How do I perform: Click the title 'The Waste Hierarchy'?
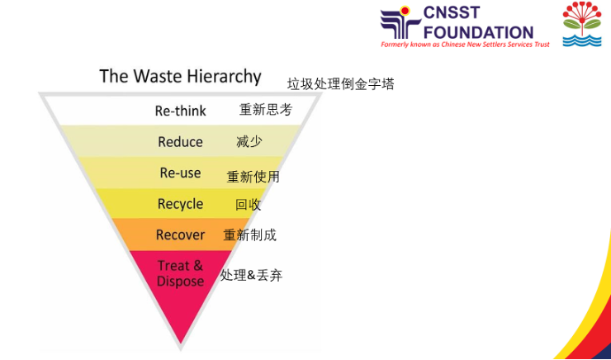click(x=180, y=77)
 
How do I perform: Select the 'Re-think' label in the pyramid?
click(x=181, y=111)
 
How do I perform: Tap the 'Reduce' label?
click(x=180, y=142)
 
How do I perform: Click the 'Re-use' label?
click(x=180, y=173)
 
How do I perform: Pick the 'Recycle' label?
click(x=180, y=204)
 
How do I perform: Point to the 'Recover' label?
click(x=180, y=235)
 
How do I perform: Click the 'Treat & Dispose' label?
click(x=180, y=273)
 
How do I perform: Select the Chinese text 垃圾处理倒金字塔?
click(x=340, y=84)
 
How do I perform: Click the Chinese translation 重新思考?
click(x=265, y=110)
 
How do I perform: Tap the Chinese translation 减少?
click(x=249, y=142)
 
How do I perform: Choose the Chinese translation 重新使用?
click(x=253, y=177)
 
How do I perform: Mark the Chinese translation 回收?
click(x=248, y=205)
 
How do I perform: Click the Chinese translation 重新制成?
click(x=249, y=235)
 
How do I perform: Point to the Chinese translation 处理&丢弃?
click(x=251, y=276)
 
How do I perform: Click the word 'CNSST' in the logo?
click(x=461, y=14)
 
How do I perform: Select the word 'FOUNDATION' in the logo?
click(x=481, y=31)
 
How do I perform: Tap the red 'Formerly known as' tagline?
click(x=464, y=45)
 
